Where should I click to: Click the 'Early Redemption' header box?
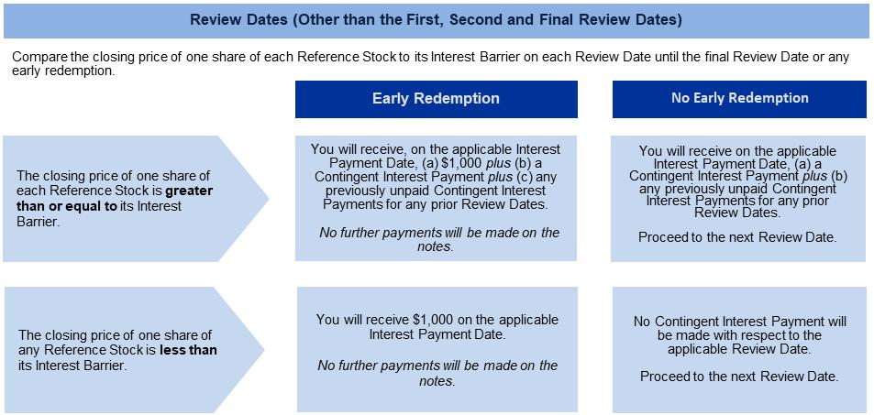tap(436, 99)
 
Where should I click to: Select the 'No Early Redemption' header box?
tap(740, 99)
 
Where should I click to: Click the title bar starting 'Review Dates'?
tap(437, 20)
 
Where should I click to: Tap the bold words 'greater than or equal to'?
tap(115, 198)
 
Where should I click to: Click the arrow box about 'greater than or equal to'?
tap(136, 198)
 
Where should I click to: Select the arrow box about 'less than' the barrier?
tap(134, 350)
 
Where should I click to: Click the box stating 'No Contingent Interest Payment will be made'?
tap(740, 350)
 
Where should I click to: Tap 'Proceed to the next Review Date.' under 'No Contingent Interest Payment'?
tap(739, 377)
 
